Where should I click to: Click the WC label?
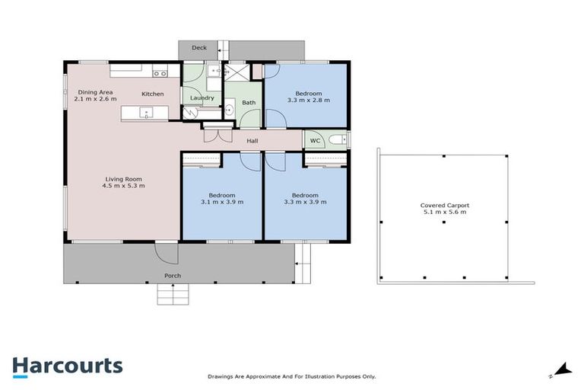point(315,141)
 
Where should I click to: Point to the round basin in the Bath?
point(230,110)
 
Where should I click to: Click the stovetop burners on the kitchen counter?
point(160,74)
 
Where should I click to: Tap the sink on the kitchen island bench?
point(145,113)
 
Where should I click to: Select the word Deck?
point(199,48)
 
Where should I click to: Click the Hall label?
point(253,141)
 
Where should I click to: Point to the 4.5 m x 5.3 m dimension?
point(125,185)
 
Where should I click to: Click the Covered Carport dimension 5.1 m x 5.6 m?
point(443,212)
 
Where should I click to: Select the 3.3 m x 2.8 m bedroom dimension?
point(308,99)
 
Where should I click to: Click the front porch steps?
point(172,293)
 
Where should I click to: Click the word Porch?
point(173,275)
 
